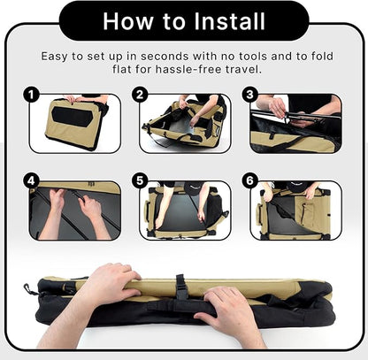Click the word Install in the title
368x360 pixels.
point(230,21)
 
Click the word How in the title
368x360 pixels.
point(128,21)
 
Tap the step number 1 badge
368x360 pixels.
point(31,95)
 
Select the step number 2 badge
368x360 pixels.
point(140,95)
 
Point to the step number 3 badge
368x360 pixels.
point(249,95)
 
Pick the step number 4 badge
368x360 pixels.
point(31,180)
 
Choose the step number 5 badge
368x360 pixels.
point(140,180)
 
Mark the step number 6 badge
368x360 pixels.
point(249,180)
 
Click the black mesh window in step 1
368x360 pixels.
point(73,117)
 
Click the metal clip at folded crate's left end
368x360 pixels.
point(29,289)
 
